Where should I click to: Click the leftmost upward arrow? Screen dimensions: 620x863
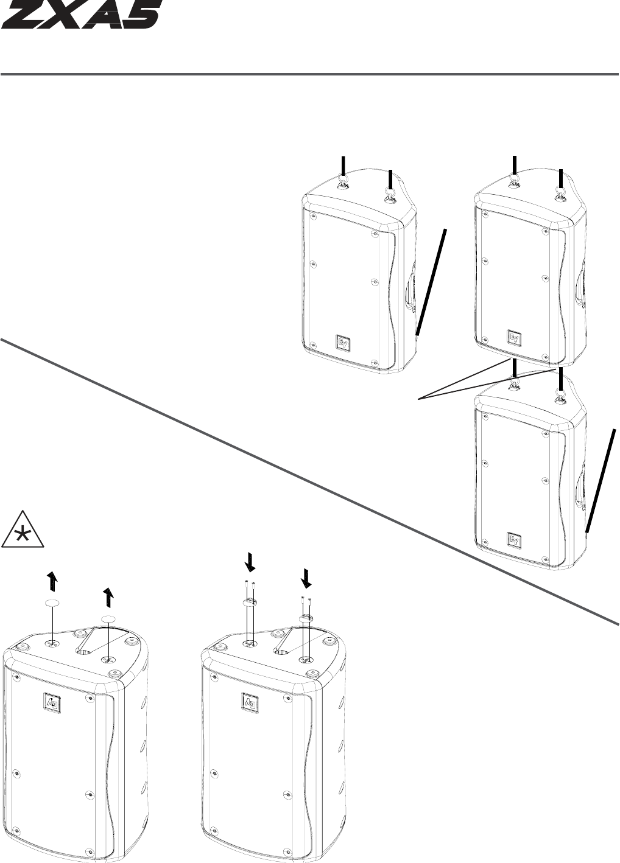[53, 582]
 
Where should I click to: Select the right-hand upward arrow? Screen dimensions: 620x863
[108, 598]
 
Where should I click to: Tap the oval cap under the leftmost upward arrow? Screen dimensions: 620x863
[53, 604]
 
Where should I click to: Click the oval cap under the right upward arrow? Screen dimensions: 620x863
[108, 619]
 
